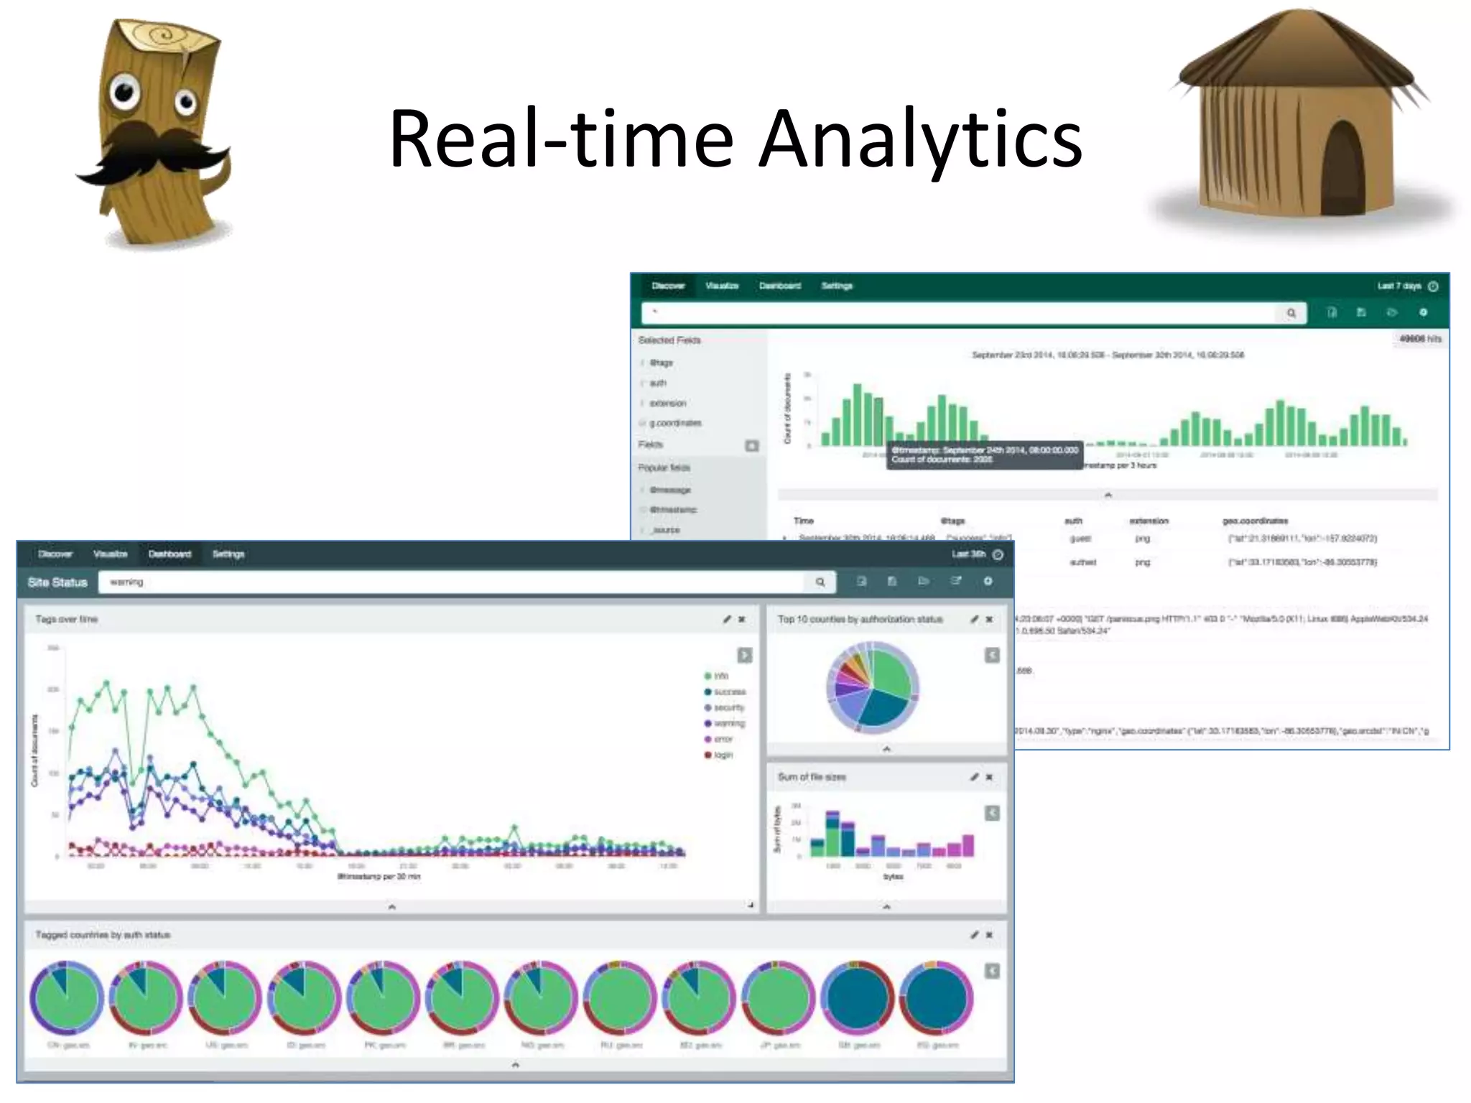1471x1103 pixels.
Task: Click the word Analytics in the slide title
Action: point(921,139)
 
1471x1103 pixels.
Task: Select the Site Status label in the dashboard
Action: point(57,582)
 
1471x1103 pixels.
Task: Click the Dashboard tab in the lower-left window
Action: point(170,554)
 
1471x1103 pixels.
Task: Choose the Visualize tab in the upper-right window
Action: point(722,286)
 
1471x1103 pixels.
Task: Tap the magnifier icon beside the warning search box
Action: point(820,582)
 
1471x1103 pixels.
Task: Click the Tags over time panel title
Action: point(67,619)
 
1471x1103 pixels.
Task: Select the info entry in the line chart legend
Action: point(718,676)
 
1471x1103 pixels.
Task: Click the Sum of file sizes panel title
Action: point(812,777)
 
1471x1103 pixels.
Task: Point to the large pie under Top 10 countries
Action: point(873,687)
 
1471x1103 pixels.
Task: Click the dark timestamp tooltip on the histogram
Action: point(984,455)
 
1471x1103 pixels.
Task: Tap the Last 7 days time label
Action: point(1399,286)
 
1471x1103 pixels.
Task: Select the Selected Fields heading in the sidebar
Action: point(669,340)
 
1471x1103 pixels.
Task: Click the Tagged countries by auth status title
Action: point(103,935)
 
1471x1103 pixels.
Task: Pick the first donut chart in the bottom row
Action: point(67,999)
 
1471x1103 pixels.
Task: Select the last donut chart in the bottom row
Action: point(936,999)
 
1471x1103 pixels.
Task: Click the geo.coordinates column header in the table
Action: point(1255,521)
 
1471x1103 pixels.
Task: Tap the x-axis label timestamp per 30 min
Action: point(379,877)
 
